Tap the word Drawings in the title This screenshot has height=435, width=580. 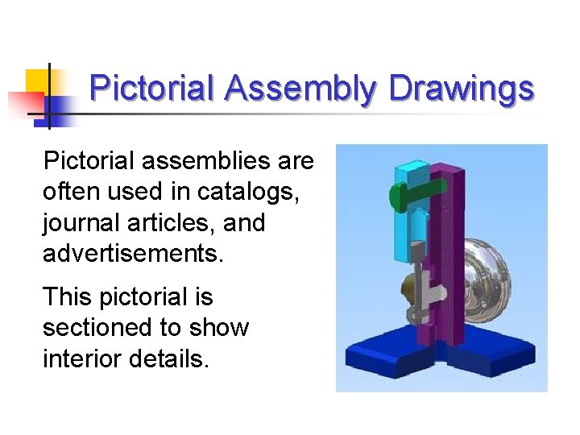click(462, 89)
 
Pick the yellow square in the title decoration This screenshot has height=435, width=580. click(37, 81)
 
